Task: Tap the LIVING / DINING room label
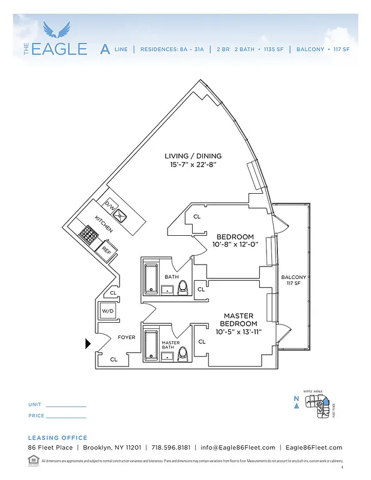[x=190, y=157]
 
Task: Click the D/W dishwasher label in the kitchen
[x=110, y=205]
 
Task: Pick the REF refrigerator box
[x=106, y=248]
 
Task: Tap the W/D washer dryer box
[x=107, y=311]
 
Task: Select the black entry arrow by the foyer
[x=88, y=344]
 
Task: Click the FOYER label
[x=126, y=337]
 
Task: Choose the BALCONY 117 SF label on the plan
[x=294, y=280]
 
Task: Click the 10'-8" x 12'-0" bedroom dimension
[x=235, y=245]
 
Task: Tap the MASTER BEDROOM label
[x=238, y=319]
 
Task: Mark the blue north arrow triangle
[x=297, y=406]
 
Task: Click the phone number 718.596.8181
[x=171, y=448]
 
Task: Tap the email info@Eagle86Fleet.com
[x=238, y=448]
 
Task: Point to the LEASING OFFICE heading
[x=58, y=438]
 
